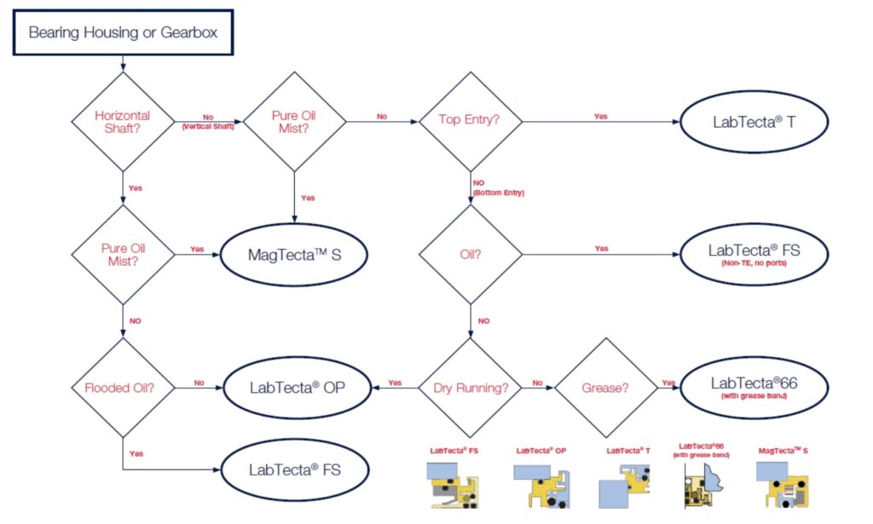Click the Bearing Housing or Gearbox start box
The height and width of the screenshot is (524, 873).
122,33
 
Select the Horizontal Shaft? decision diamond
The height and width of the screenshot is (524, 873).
123,121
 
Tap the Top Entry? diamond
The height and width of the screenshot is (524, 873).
470,121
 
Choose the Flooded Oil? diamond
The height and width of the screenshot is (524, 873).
123,388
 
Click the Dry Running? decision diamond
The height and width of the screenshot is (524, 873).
470,388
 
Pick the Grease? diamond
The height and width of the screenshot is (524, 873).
605,388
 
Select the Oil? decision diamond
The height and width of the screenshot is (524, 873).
470,255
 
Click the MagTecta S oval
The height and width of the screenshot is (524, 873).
294,255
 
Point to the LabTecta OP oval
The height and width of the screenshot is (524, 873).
294,388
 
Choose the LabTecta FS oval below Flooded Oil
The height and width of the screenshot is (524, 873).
294,469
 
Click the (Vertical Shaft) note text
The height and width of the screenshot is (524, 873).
208,126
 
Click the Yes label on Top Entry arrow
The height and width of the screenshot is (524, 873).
600,116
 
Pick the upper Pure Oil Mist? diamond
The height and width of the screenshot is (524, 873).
294,121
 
